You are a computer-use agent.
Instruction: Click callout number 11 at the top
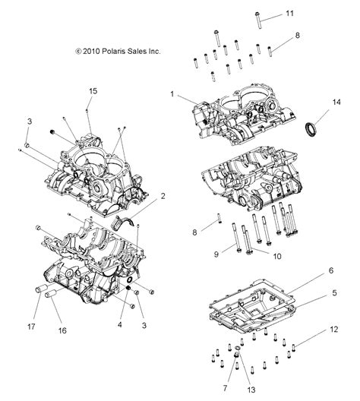[289, 14]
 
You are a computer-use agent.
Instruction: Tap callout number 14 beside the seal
[336, 102]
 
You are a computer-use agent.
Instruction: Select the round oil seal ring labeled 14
[311, 129]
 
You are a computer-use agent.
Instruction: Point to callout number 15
[93, 91]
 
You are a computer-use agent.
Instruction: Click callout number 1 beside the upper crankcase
[172, 94]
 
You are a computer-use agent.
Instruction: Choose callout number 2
[163, 196]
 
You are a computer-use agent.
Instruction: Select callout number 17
[31, 327]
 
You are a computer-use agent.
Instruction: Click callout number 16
[62, 330]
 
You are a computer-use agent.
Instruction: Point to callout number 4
[119, 324]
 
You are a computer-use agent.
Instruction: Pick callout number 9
[216, 254]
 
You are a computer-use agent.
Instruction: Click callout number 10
[277, 256]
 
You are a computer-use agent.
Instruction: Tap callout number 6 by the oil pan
[331, 270]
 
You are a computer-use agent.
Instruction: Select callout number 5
[334, 292]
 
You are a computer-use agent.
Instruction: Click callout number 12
[334, 329]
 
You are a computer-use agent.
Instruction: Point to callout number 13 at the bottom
[251, 390]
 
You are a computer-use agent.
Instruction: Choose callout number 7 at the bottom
[225, 388]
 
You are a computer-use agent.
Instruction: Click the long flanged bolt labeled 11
[258, 20]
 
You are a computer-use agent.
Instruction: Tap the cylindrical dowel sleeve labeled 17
[41, 289]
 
